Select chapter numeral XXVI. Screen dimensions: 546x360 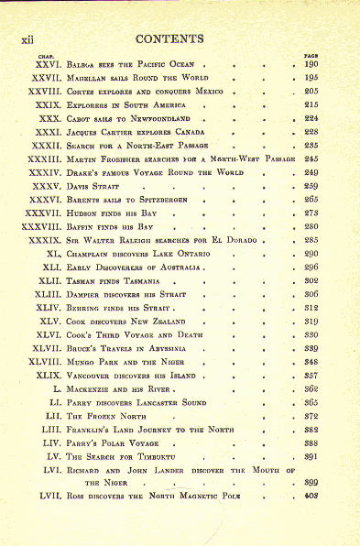(x=45, y=65)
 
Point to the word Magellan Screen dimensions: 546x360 (x=87, y=79)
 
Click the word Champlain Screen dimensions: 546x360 (x=90, y=253)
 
